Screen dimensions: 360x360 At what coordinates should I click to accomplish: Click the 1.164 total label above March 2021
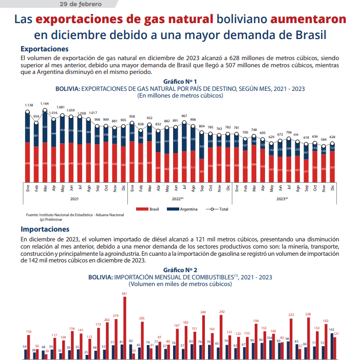[x=45, y=104]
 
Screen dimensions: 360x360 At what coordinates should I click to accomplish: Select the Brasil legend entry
[x=151, y=210]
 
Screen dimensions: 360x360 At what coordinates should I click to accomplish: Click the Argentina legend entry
[x=190, y=210]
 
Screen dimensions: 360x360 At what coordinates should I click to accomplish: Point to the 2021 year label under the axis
[x=74, y=198]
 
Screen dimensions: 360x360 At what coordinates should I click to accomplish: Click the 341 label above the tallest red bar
[x=124, y=293]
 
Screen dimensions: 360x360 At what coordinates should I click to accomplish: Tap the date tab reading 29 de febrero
[x=81, y=4]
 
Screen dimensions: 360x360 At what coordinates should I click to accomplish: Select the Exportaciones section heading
[x=45, y=49]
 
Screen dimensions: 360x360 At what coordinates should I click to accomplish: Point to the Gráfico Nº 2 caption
[x=180, y=270]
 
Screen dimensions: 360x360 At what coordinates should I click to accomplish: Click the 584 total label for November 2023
[x=324, y=139]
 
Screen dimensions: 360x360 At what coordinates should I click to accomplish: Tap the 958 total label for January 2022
[x=132, y=117]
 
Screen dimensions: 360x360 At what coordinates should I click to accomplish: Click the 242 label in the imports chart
[x=222, y=312]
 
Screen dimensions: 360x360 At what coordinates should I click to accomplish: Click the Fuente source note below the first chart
[x=74, y=214]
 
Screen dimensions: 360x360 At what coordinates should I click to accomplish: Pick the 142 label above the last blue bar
[x=331, y=330]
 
